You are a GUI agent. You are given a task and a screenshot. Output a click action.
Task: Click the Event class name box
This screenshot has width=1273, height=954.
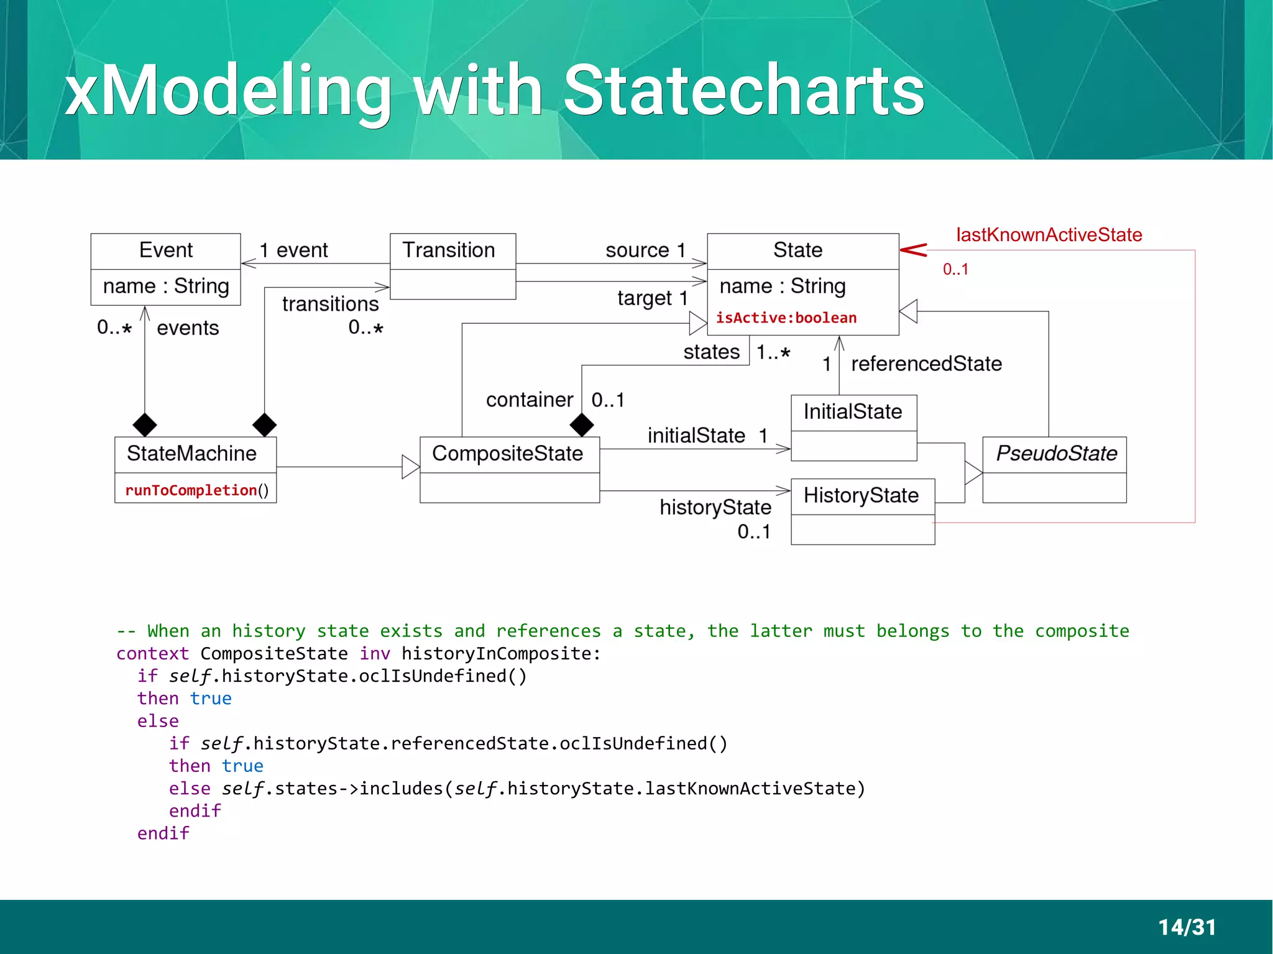165,250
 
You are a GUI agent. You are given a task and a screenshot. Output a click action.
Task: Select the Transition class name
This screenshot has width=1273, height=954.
449,250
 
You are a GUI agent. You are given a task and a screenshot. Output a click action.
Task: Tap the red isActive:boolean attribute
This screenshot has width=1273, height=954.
786,318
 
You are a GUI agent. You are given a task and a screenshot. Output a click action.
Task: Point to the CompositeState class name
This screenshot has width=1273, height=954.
507,454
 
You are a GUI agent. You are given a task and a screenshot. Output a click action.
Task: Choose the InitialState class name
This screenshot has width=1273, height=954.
852,412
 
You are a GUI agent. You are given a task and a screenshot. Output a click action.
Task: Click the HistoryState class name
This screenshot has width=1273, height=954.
861,495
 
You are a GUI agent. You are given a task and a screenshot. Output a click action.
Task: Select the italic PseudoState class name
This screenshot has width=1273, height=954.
1056,454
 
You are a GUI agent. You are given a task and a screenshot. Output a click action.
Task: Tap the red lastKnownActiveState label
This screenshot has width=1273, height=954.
1049,235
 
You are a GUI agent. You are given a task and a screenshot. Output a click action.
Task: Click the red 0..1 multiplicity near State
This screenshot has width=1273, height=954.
955,270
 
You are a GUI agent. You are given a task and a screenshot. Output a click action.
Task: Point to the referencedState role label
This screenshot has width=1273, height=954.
926,364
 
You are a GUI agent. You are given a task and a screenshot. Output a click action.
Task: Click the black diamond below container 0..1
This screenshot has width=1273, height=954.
582,425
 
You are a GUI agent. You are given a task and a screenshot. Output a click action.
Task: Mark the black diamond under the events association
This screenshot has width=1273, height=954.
145,425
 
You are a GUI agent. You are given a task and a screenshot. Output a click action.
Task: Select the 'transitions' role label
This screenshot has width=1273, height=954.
330,304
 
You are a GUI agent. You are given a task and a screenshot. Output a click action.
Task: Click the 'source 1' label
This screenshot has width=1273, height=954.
645,250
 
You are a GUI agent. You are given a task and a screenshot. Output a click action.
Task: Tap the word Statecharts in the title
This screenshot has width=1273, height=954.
743,91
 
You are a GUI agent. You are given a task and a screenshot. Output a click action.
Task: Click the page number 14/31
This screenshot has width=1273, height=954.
1187,927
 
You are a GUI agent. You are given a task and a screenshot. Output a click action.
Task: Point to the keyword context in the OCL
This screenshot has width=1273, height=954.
152,654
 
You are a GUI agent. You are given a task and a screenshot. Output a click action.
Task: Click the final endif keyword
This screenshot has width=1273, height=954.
163,833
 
